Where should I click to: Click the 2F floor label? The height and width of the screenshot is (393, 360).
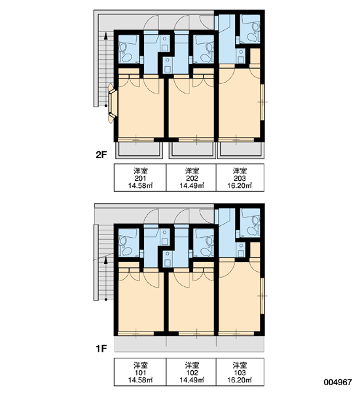point(101,155)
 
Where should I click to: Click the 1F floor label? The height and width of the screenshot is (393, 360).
point(101,348)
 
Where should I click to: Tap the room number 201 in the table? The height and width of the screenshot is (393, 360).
point(141,178)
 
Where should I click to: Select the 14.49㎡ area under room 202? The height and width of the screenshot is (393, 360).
point(192,186)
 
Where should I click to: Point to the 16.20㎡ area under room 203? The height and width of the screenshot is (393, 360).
point(240,186)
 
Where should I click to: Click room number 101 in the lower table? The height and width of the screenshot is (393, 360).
point(141,373)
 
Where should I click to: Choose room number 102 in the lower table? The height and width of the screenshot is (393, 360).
point(192,373)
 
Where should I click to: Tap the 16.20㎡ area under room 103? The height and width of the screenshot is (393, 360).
point(240,380)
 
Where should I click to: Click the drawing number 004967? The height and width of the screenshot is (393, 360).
point(338,383)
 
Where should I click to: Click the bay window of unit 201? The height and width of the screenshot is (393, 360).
point(113,103)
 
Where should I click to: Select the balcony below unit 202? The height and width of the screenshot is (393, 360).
point(192,151)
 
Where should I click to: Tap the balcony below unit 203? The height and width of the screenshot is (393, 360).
point(240,151)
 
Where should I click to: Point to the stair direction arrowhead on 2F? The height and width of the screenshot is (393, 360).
point(106,36)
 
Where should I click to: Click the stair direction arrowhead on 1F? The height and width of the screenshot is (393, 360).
point(106,260)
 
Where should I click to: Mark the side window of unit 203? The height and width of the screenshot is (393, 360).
point(262,102)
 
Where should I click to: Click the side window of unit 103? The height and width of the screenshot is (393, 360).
point(262,296)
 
